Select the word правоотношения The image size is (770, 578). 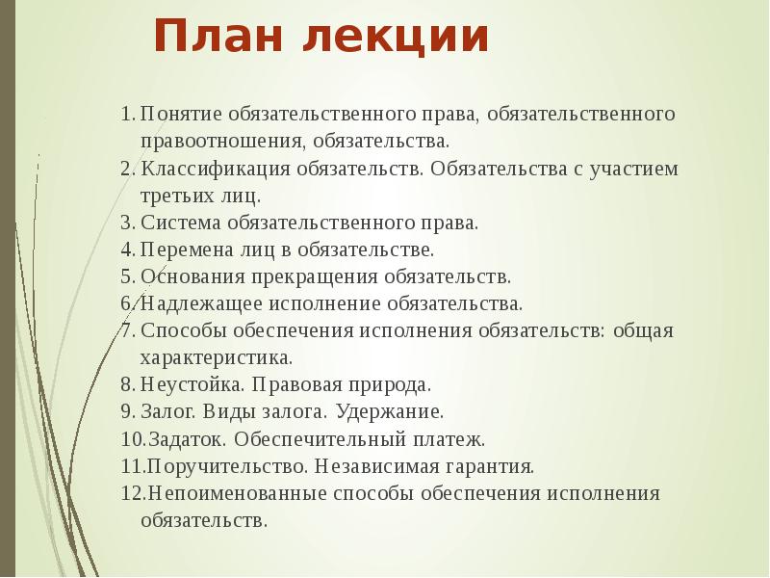220,141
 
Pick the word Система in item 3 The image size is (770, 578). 178,223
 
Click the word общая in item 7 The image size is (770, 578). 644,331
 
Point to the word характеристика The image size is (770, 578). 216,358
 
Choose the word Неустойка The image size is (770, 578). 182,384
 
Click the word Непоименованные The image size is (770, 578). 235,493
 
